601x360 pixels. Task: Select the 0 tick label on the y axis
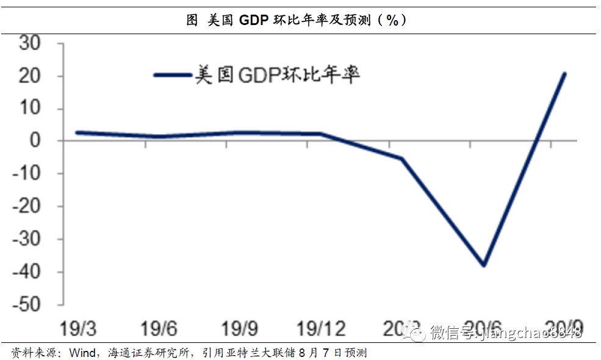36,141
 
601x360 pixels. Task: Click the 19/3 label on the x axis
78,329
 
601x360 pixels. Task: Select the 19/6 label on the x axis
159,329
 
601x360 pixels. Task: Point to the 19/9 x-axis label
240,329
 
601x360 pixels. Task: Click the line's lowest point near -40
484,265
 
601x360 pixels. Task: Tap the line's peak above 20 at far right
565,74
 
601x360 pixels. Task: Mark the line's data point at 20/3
403,159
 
